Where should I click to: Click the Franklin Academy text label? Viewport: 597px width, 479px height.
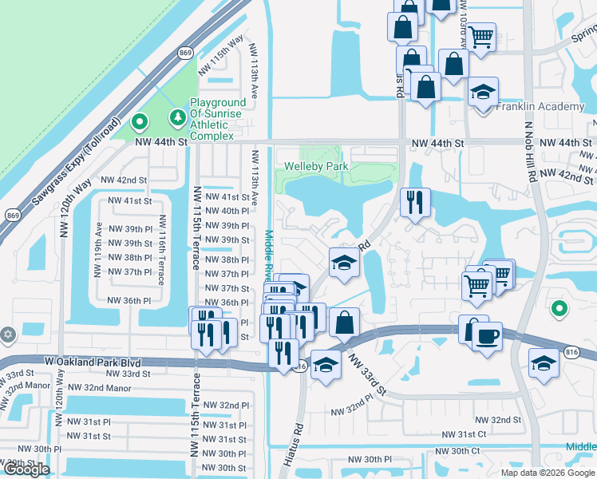tap(540, 107)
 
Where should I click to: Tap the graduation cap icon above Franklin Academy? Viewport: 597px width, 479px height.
tap(483, 93)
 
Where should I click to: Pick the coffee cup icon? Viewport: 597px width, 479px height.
tap(487, 336)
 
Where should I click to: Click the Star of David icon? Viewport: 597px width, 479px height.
tap(8, 335)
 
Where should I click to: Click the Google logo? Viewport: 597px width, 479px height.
tap(26, 469)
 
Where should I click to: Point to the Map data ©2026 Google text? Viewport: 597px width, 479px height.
tap(548, 472)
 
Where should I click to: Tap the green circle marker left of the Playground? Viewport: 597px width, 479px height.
tap(140, 122)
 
